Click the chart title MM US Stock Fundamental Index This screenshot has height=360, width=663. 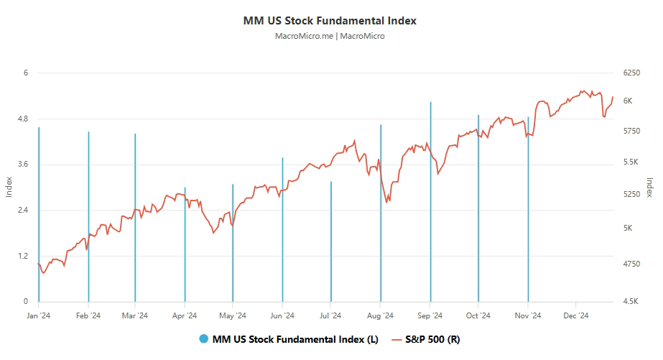[330, 21]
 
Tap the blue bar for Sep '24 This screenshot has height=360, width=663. [430, 201]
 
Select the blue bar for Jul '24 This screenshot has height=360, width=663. [331, 241]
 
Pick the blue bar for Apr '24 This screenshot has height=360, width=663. [185, 244]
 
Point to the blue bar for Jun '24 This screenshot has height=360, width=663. [282, 230]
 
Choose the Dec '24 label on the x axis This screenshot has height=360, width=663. [575, 315]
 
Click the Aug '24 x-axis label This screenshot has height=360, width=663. [380, 315]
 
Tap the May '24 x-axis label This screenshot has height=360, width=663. [233, 315]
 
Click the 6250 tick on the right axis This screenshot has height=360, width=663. [632, 73]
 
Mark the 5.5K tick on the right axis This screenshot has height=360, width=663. [632, 162]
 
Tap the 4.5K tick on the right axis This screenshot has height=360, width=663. [632, 302]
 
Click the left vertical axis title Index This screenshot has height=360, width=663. [9, 188]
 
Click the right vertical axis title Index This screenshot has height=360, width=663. [649, 188]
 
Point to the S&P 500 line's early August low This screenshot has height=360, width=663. [387, 202]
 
